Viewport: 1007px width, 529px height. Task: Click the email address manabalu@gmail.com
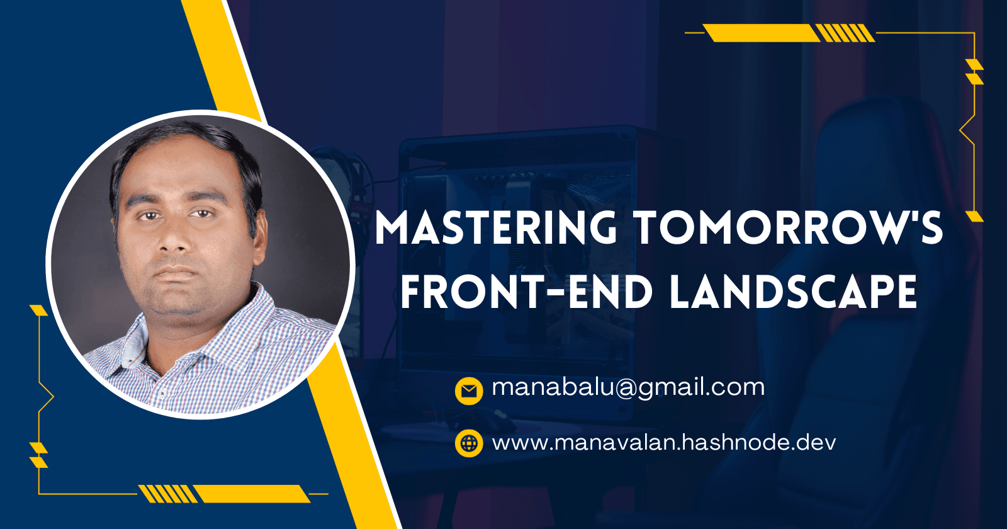tap(628, 387)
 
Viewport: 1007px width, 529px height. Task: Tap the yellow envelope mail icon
tap(469, 391)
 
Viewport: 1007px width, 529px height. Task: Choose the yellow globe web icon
tap(469, 443)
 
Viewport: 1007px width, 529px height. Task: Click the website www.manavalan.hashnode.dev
tap(664, 443)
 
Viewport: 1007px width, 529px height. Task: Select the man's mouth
tap(176, 273)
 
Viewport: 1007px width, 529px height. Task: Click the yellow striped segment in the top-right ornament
tap(844, 33)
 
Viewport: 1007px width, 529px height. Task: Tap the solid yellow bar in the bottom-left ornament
tap(251, 494)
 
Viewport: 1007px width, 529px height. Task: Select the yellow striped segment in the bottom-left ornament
tap(167, 494)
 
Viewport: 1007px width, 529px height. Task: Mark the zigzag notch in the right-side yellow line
tap(967, 130)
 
